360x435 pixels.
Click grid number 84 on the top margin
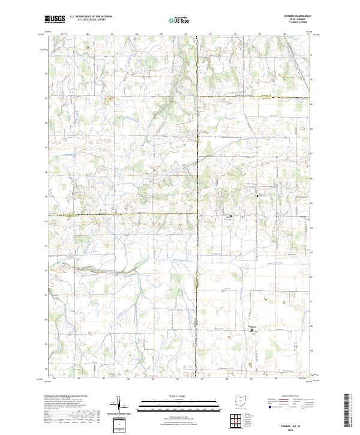click(x=137, y=34)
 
